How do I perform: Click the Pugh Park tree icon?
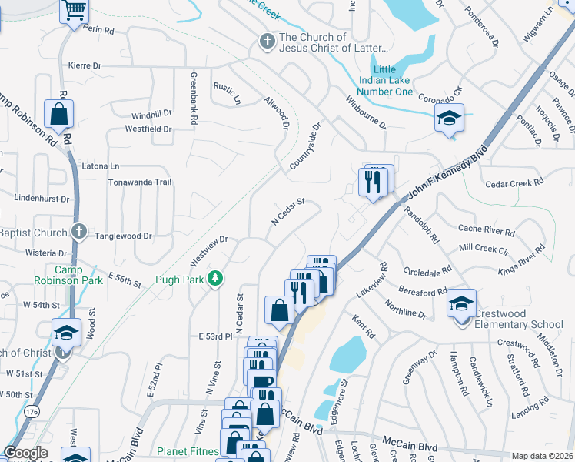(216, 279)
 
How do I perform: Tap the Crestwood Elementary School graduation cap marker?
(461, 304)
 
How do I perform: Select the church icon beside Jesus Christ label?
(267, 42)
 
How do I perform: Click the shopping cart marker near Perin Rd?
(75, 11)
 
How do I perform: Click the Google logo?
(25, 453)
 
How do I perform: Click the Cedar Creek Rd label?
(514, 183)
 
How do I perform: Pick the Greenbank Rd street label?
(193, 98)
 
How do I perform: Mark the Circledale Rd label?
(427, 273)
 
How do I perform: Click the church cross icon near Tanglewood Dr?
(78, 231)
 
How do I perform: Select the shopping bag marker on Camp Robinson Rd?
(58, 115)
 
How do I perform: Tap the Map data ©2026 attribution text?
(542, 456)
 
